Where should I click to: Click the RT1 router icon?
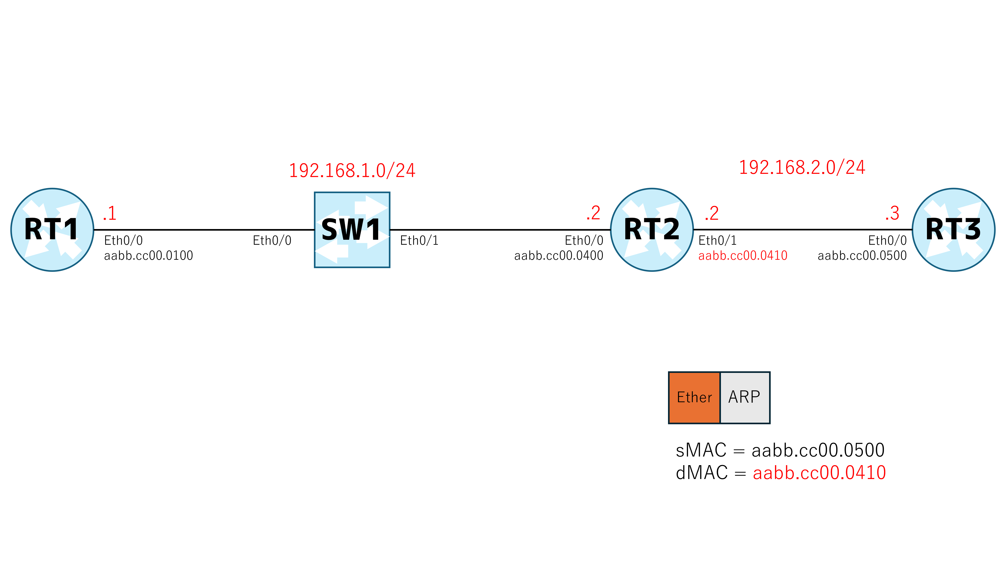pos(52,230)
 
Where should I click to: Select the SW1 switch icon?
pos(352,230)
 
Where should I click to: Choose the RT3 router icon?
pos(953,230)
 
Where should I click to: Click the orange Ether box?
pos(694,397)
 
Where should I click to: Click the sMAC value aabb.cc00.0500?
pos(818,450)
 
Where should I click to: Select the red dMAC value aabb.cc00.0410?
pos(819,473)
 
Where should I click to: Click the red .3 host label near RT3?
pos(892,213)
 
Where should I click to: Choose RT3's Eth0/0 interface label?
pos(887,241)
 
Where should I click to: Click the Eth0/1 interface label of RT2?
pos(717,241)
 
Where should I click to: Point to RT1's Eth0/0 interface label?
pos(123,241)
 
